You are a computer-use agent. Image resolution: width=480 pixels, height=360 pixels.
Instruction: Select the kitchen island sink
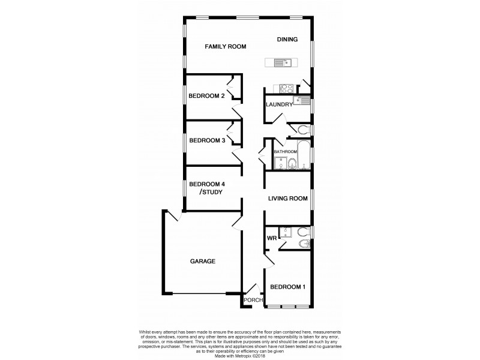[283, 62]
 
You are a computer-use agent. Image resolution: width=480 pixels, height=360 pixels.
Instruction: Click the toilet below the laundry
[302, 130]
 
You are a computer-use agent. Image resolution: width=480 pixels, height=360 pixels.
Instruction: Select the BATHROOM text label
[286, 152]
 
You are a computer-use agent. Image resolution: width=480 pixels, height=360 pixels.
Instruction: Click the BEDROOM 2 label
[206, 96]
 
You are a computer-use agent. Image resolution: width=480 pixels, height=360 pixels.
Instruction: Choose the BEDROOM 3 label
[206, 141]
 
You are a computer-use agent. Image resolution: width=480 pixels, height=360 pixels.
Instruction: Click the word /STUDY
[211, 192]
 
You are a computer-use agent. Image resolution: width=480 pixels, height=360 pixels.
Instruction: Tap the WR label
[271, 238]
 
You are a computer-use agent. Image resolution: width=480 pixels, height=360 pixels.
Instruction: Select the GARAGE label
[203, 261]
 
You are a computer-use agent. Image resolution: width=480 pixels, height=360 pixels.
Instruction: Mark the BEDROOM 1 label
[288, 287]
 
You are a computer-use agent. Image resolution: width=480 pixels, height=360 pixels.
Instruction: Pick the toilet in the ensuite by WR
[302, 231]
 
